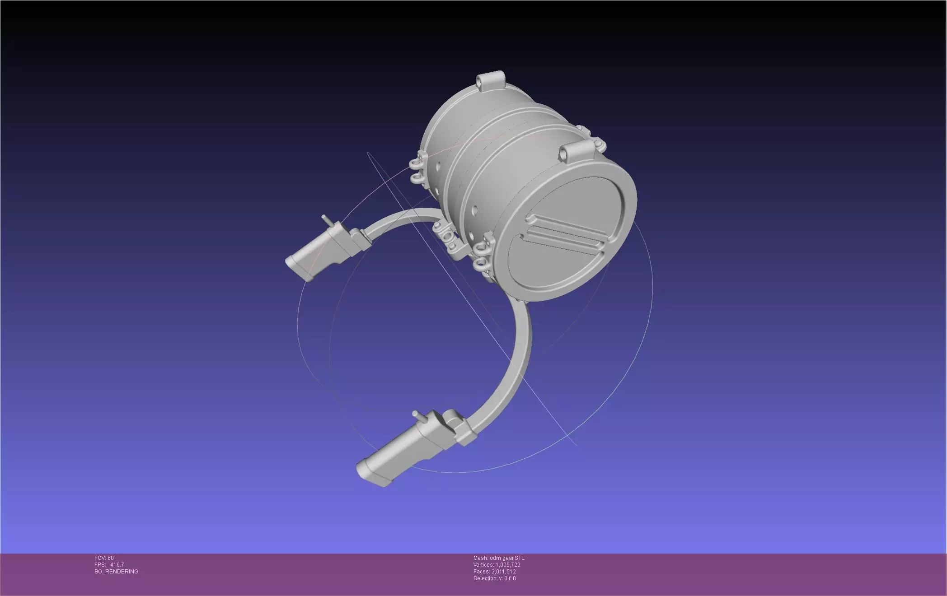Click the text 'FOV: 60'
[x=104, y=558]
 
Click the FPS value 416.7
[x=117, y=565]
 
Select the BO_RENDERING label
[x=116, y=572]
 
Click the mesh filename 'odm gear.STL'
[x=507, y=558]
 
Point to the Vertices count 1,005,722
[x=508, y=565]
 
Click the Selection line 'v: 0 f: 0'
[x=506, y=578]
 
